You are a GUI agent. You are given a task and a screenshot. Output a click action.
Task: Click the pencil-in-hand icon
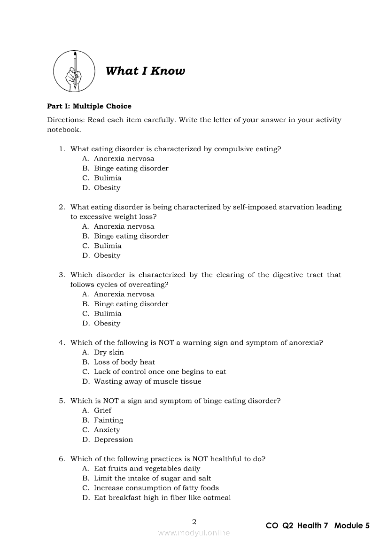[x=73, y=71]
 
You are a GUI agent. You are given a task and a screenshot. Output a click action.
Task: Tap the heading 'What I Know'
[x=145, y=71]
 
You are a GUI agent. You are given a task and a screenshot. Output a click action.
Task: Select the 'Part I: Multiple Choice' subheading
[x=89, y=106]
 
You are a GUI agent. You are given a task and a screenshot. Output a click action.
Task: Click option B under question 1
[x=131, y=168]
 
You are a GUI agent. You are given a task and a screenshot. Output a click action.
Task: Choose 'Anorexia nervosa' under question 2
[x=124, y=226]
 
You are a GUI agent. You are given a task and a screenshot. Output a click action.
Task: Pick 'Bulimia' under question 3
[x=107, y=314]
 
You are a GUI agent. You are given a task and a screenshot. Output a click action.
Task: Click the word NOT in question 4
[x=166, y=343]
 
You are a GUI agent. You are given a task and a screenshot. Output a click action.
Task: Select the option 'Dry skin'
[x=109, y=352]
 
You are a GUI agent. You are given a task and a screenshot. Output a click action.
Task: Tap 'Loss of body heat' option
[x=124, y=362]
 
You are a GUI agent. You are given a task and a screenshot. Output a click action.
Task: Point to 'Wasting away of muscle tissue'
[x=147, y=381]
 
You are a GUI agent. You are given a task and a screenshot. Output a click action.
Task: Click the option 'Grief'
[x=102, y=410]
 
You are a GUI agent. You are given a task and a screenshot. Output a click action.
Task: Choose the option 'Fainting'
[x=108, y=420]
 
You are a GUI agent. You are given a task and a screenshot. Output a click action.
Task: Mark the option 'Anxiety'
[x=107, y=430]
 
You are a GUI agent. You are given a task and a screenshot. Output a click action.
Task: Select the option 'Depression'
[x=113, y=440]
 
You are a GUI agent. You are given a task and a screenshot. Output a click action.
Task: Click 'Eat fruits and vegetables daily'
[x=147, y=469]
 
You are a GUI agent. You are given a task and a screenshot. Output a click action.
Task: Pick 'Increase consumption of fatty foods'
[x=156, y=488]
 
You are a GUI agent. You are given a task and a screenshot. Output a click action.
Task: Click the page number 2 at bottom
[x=194, y=522]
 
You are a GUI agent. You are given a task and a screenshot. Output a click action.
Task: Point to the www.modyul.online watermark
[x=194, y=533]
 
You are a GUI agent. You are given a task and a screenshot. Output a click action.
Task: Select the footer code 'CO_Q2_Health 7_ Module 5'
[x=318, y=526]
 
